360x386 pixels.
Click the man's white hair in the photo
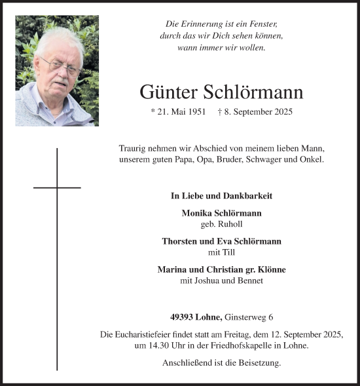[59, 38]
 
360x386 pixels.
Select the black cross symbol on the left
[57, 188]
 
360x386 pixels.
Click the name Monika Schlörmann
[221, 214]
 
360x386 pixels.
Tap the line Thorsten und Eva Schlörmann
[221, 241]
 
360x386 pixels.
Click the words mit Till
[221, 252]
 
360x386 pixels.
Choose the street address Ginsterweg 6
[246, 317]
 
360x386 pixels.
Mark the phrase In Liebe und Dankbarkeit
[221, 196]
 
